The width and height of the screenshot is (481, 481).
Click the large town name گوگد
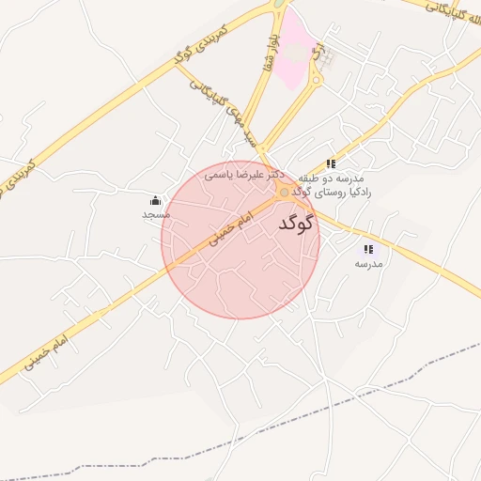point(295,225)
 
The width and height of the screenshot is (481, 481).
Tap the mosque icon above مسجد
point(155,200)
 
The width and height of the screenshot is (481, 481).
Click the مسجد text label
point(155,215)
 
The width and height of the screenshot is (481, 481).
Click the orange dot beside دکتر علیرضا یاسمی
point(285,192)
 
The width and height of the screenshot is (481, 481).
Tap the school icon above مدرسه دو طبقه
point(330,163)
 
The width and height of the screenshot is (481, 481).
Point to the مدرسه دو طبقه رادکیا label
point(335,184)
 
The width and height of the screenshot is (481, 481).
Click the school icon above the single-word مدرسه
point(368,249)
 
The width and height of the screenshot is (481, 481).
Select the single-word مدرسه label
point(368,264)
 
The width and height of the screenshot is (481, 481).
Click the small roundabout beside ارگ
point(317,80)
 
